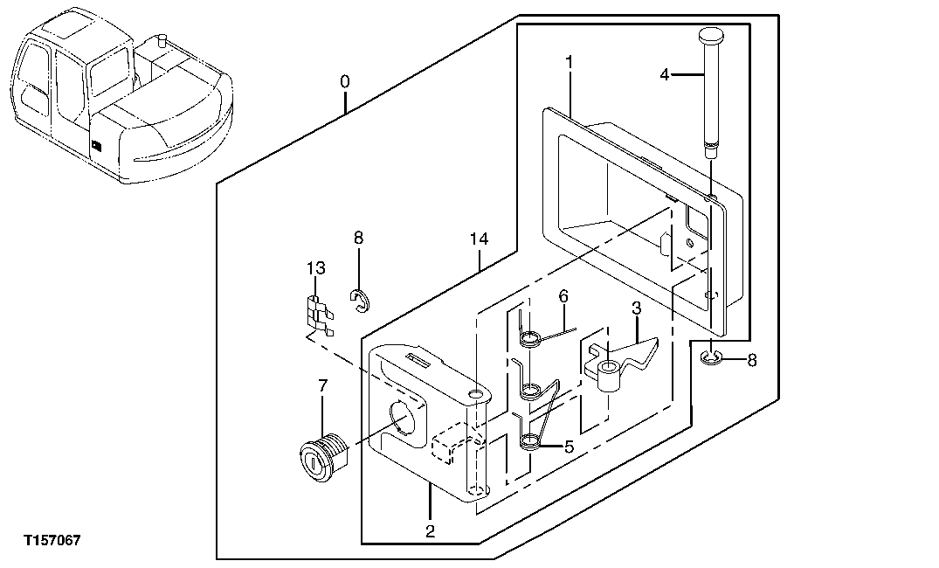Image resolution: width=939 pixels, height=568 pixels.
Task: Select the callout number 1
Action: tap(569, 63)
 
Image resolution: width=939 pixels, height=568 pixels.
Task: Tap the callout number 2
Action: tap(430, 530)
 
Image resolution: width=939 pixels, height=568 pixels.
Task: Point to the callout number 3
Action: tap(637, 308)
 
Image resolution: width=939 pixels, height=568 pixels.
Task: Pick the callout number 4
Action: tap(665, 75)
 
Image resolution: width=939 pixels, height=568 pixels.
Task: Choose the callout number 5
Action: tap(569, 447)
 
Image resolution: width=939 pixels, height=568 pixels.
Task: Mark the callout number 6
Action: tap(563, 296)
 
